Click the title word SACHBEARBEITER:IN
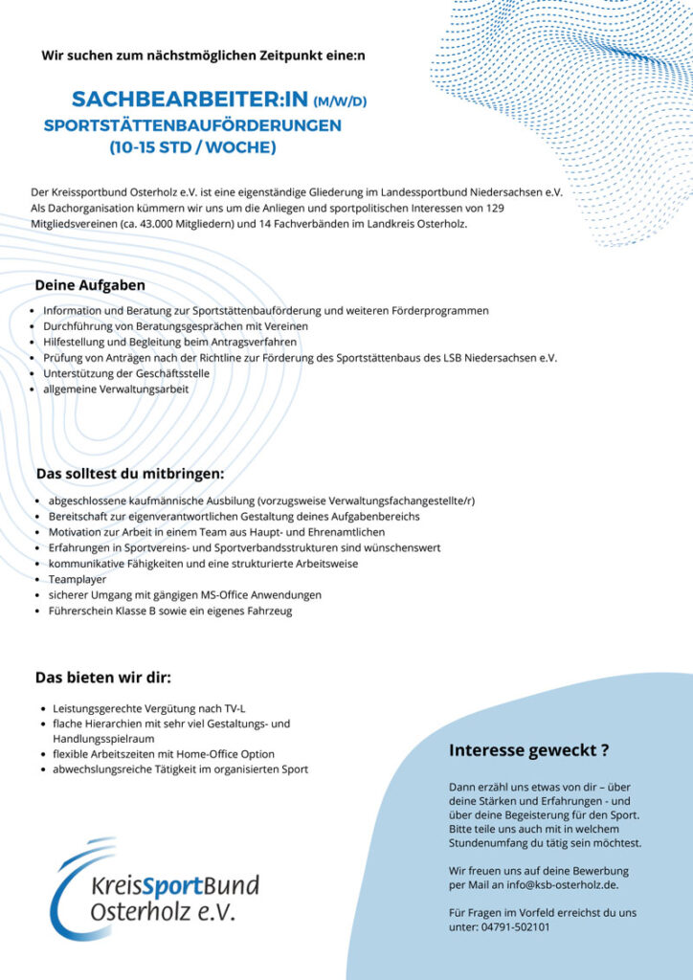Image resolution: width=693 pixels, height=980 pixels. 190,100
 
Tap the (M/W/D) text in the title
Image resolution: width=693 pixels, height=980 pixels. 340,101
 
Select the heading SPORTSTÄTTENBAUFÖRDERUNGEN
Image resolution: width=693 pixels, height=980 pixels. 192,125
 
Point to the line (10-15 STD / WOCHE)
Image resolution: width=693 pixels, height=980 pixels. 192,147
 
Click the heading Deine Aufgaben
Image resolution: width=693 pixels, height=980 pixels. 90,285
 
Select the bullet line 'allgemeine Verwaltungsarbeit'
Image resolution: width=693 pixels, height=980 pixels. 116,389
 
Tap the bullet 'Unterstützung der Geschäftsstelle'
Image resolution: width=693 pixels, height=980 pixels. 126,373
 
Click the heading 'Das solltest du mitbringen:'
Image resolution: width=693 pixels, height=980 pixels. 130,473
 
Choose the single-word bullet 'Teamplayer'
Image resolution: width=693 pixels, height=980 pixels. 78,579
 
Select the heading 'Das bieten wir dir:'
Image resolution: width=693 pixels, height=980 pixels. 103,679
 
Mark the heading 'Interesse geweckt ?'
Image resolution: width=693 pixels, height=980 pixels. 529,750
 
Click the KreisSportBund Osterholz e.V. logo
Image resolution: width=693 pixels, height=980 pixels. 153,890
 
